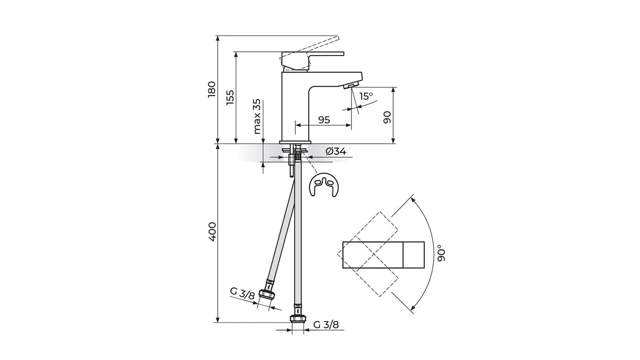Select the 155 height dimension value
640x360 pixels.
pos(229,98)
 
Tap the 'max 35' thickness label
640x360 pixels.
pos(257,117)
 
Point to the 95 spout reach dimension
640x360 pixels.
pos(324,120)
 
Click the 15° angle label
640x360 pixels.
pos(366,96)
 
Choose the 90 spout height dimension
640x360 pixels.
pos(387,117)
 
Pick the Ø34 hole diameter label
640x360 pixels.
pos(335,151)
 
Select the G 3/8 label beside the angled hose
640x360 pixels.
pos(242,295)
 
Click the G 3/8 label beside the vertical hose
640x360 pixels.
pos(326,325)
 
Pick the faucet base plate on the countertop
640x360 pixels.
pos(295,142)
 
